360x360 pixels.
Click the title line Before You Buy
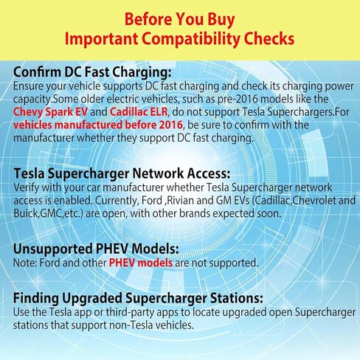pos(179,19)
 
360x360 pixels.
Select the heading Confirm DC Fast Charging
pos(92,72)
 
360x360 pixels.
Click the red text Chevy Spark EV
pos(50,112)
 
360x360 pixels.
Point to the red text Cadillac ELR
pos(139,112)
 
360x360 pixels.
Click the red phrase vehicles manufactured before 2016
pos(98,125)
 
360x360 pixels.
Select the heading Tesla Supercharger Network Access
pos(122,173)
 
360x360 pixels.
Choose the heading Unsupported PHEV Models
pos(96,249)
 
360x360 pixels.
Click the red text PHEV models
pos(141,263)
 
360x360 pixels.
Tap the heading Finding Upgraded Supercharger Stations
pos(138,298)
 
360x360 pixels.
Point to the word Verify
pos(27,188)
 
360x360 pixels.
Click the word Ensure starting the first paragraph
pos(29,86)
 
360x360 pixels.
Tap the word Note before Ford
pos(25,263)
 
